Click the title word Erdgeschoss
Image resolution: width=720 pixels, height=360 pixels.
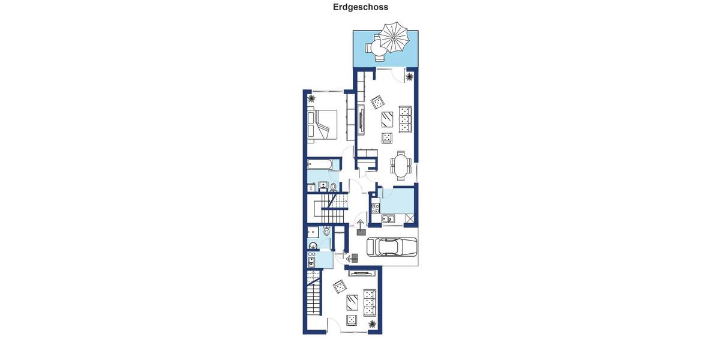(x=361, y=7)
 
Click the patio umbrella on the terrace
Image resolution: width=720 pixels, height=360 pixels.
(x=394, y=38)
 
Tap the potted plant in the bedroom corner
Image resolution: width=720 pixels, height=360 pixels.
(x=311, y=98)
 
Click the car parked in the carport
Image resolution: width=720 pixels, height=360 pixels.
(x=391, y=247)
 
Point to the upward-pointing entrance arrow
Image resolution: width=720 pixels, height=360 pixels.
(x=361, y=227)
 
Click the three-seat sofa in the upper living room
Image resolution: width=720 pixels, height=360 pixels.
(x=406, y=119)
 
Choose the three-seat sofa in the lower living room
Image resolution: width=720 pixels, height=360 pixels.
(x=368, y=302)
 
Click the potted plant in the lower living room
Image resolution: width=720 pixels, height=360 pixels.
(x=373, y=325)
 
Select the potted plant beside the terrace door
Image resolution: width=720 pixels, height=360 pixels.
(x=410, y=76)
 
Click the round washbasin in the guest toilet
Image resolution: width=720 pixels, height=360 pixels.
(x=312, y=245)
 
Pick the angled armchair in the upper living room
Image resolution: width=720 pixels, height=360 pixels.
(x=378, y=103)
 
